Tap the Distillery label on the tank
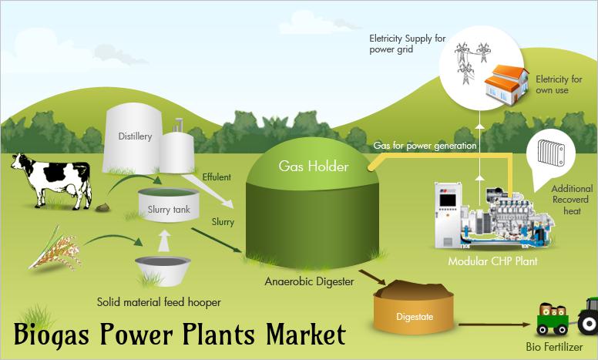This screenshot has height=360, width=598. tap(135, 136)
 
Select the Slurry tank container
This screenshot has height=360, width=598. tap(169, 205)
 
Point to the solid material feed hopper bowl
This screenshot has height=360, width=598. tap(163, 271)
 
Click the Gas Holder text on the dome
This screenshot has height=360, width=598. tap(314, 167)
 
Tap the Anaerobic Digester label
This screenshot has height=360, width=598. tap(309, 281)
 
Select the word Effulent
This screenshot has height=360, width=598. tap(217, 177)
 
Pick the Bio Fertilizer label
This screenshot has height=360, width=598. tap(554, 347)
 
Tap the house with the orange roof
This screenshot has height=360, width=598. tap(506, 85)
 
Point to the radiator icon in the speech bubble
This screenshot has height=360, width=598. tap(550, 152)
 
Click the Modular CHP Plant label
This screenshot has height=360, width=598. tap(492, 261)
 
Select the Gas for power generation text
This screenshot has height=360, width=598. tap(425, 146)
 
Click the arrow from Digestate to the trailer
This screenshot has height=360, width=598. tap(494, 325)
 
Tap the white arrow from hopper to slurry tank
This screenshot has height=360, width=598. tap(164, 241)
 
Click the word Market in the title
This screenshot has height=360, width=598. tap(305, 335)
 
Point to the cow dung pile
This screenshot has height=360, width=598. tap(102, 207)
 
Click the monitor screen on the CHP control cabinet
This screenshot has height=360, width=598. tap(448, 200)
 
